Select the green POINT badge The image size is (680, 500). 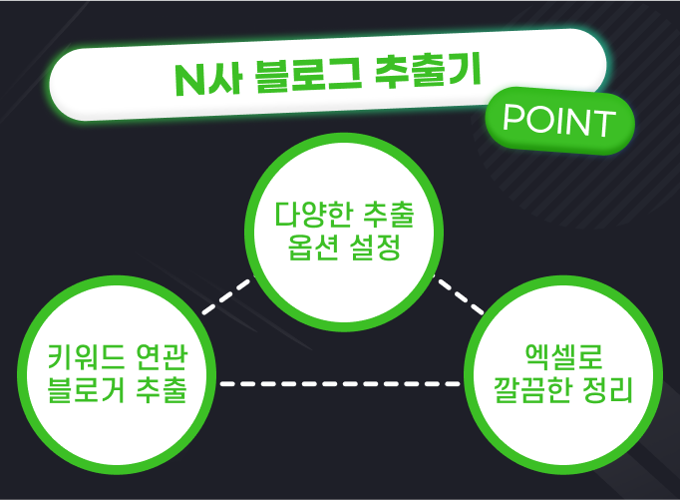click(558, 121)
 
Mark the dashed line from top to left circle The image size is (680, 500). click(226, 297)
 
